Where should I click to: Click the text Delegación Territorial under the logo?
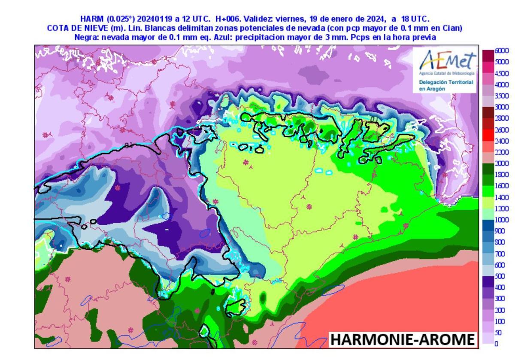(446, 82)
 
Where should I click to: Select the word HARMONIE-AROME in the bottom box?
(403, 339)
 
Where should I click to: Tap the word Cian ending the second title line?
(453, 28)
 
